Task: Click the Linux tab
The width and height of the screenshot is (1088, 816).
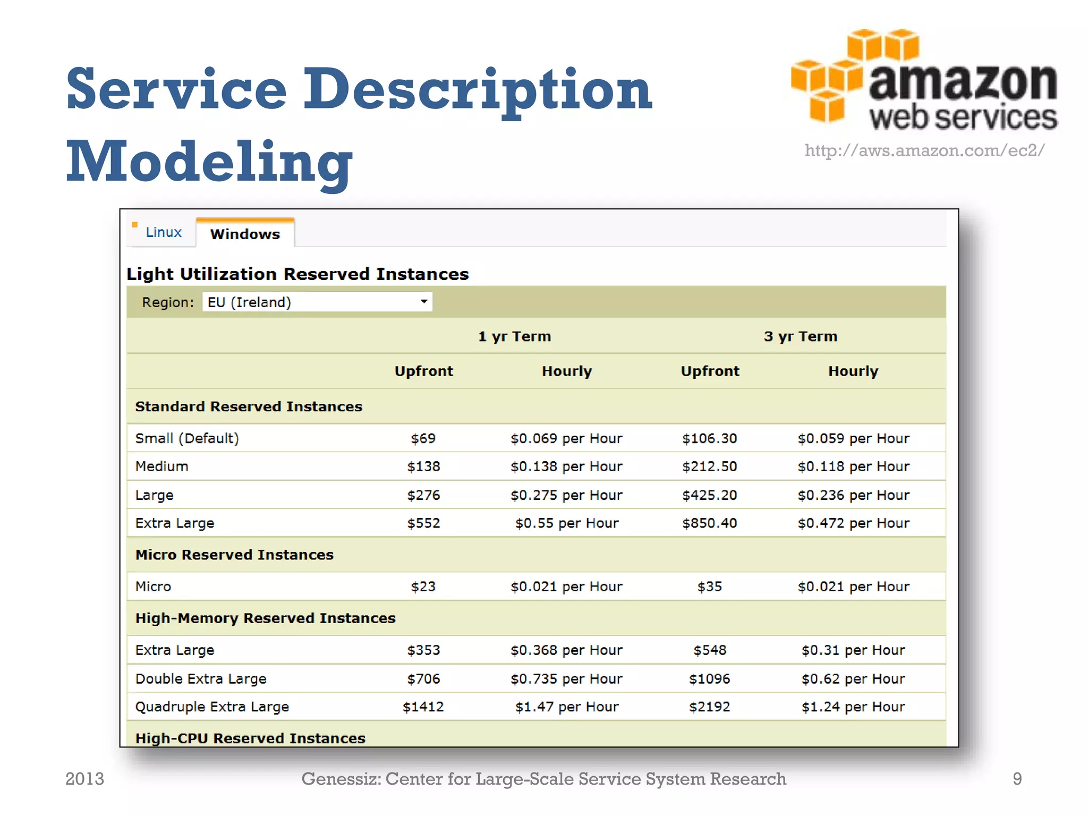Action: point(163,232)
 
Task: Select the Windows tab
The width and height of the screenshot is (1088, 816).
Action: point(245,234)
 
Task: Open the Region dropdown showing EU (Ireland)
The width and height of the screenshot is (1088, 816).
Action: point(317,302)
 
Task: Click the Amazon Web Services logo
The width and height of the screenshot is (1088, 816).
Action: point(924,80)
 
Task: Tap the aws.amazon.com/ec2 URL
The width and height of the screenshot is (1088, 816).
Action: point(924,150)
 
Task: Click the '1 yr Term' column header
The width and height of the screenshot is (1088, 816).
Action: point(514,336)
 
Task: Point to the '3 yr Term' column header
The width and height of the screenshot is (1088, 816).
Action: point(800,336)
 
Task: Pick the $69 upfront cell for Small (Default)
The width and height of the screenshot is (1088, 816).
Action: point(423,438)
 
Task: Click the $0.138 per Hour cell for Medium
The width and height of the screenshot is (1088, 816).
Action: point(566,466)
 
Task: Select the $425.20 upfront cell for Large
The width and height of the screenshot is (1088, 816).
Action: point(709,495)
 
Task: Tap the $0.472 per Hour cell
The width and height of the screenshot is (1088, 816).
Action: point(853,523)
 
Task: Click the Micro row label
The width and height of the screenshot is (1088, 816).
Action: point(153,586)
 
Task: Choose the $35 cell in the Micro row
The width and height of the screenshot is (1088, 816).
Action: point(709,586)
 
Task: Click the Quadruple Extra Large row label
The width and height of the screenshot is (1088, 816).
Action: point(212,707)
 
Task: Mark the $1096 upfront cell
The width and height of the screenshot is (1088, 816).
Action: point(709,679)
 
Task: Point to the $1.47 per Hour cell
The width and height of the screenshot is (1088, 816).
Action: point(566,707)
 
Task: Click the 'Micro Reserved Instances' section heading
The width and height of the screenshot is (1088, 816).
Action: point(234,555)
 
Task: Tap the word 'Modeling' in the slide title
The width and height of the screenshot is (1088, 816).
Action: point(209,161)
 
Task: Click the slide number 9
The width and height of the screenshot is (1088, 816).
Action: point(1017,779)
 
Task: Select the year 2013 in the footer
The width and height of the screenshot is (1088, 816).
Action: point(84,779)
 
